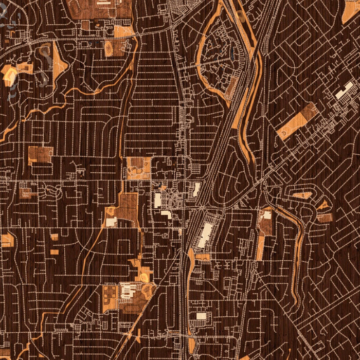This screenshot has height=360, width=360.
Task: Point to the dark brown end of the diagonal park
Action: (x=310, y=111)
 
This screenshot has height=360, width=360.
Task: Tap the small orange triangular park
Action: (x=323, y=206)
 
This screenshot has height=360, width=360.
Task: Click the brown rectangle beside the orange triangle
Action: (x=325, y=217)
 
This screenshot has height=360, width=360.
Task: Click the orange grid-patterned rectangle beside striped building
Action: (x=110, y=299)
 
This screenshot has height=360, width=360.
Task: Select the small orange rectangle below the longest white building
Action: (x=203, y=257)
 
